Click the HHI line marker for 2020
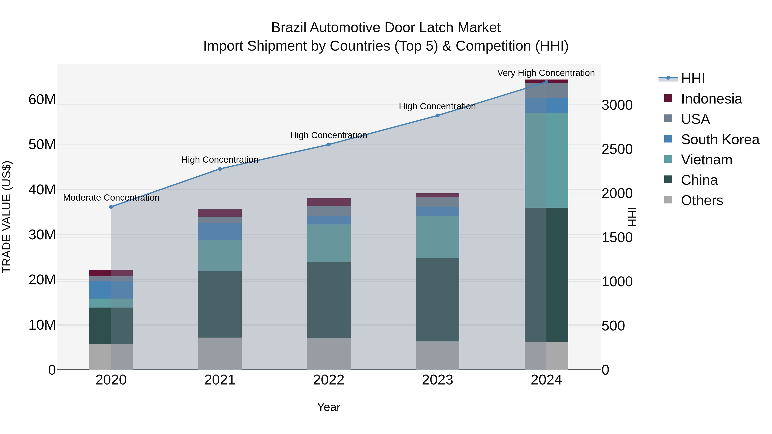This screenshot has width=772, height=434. (x=111, y=207)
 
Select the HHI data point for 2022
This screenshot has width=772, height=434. (x=329, y=144)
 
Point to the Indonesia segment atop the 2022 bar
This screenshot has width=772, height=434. (x=329, y=202)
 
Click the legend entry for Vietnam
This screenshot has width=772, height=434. (x=706, y=160)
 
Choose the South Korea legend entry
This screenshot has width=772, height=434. (x=720, y=140)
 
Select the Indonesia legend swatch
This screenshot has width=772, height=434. (x=668, y=98)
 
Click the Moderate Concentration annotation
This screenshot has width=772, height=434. (x=111, y=198)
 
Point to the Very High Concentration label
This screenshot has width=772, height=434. (x=546, y=73)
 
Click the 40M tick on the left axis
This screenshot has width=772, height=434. (x=42, y=190)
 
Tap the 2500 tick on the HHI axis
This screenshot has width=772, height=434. (x=617, y=149)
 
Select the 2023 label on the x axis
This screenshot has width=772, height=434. (x=437, y=380)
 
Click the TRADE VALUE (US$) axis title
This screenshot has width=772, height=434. (x=7, y=217)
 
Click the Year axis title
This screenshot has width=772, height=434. (x=329, y=407)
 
